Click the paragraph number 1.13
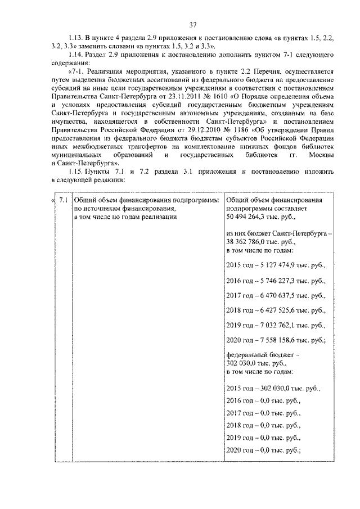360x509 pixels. (x=75, y=38)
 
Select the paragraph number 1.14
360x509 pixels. (x=75, y=57)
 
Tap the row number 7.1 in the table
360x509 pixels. (x=64, y=200)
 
